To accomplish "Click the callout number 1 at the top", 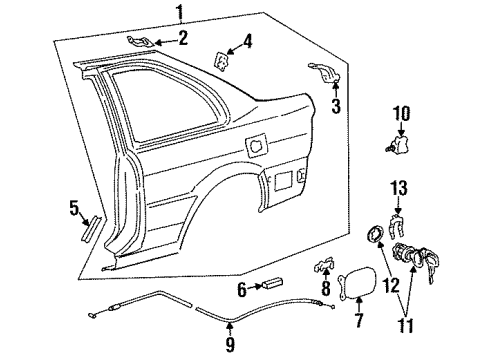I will pos(179,12).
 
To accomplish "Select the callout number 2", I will pos(182,38).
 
